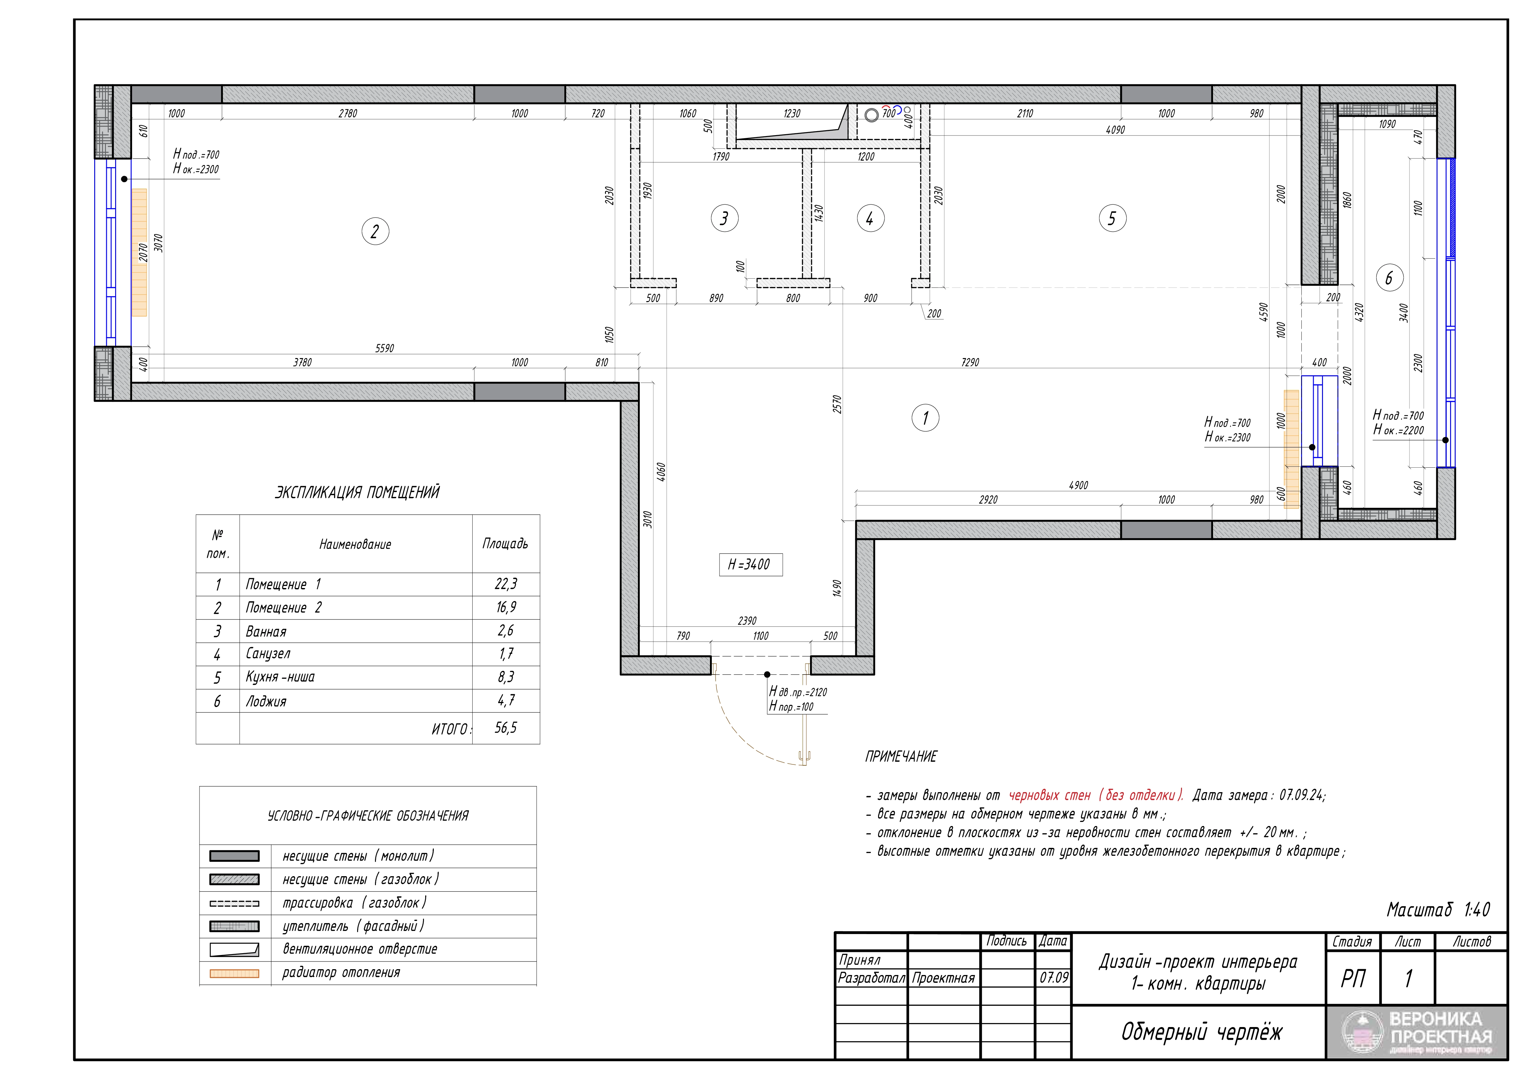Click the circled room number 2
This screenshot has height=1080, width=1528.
375,232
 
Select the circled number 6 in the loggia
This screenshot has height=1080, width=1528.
1389,278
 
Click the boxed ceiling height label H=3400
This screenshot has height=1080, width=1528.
750,564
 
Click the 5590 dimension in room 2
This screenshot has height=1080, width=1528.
385,348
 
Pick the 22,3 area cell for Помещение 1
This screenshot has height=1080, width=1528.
506,584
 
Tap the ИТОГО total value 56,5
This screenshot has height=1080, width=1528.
506,727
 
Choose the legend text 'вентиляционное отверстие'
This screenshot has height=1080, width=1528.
360,949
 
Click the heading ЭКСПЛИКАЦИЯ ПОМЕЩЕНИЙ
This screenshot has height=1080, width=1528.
357,492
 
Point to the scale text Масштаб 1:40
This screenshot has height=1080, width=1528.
1438,910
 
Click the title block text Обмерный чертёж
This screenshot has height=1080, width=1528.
1201,1032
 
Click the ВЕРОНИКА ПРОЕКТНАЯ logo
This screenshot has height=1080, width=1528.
1417,1033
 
